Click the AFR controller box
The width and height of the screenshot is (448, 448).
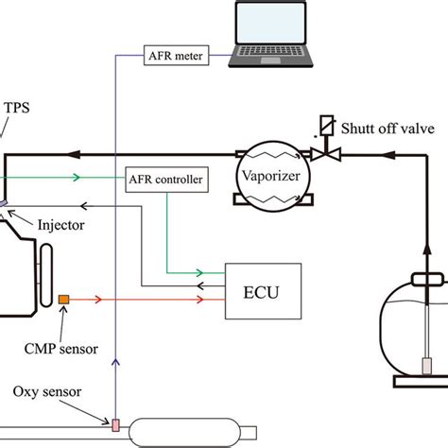[165, 177]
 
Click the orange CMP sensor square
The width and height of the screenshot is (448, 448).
[64, 300]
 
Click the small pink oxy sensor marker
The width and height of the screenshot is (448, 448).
[115, 423]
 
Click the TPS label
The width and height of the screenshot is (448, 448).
[17, 110]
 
